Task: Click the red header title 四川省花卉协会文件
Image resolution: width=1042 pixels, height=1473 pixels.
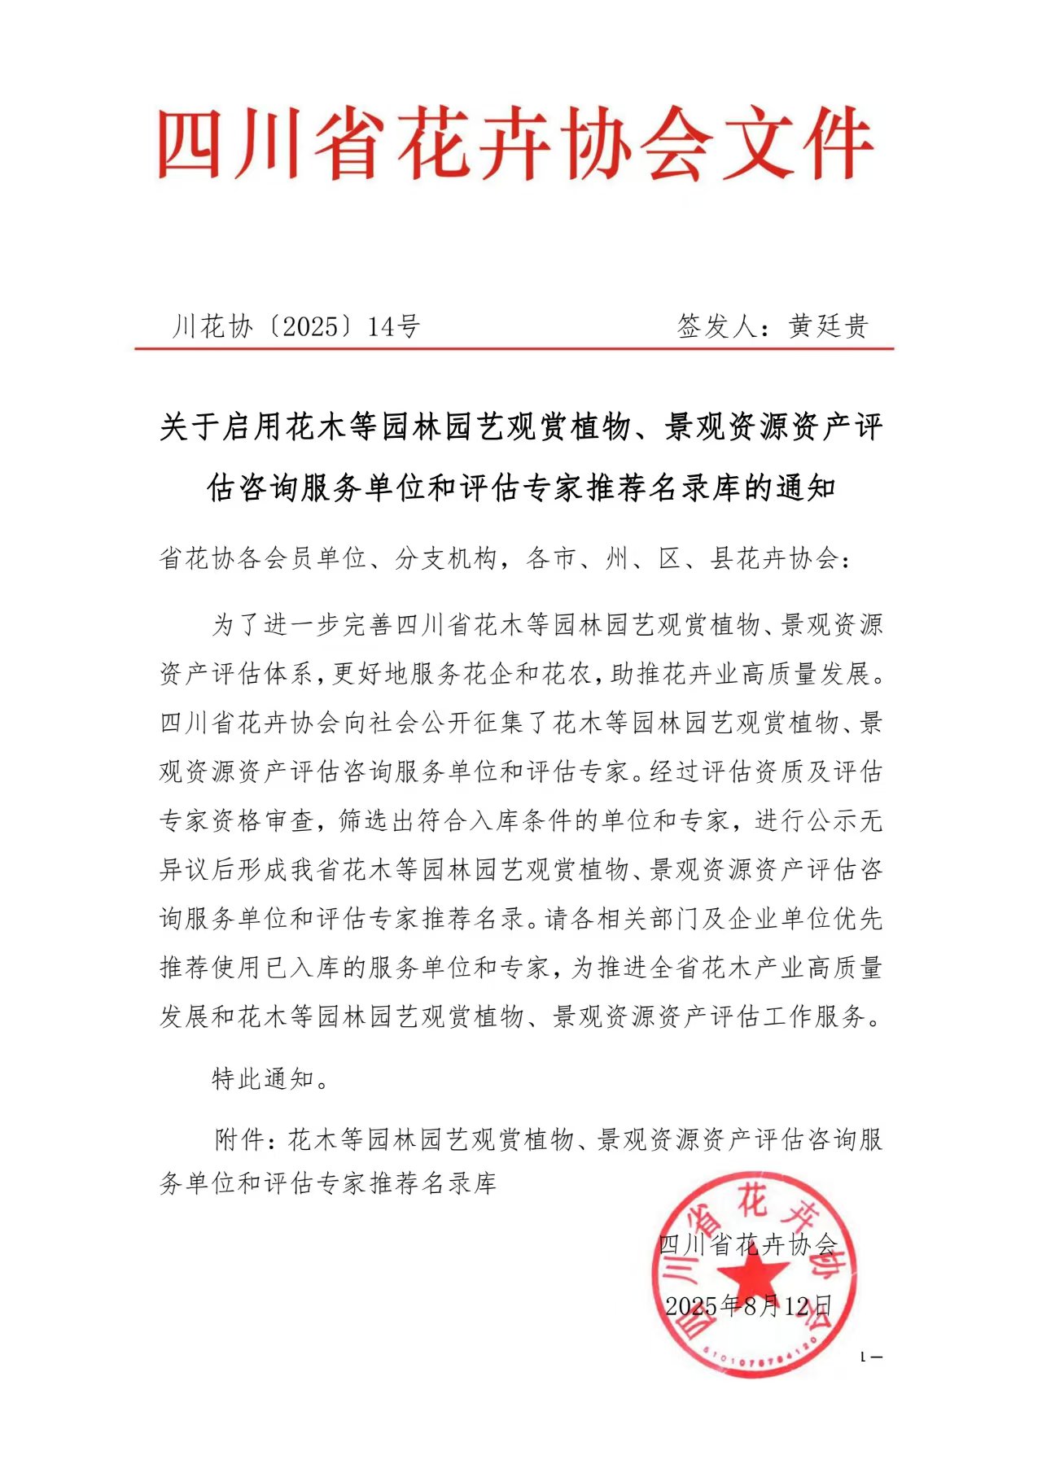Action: (x=514, y=145)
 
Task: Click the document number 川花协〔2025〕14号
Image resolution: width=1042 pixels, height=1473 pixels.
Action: (x=296, y=327)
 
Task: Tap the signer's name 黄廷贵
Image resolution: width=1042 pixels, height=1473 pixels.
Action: (x=828, y=327)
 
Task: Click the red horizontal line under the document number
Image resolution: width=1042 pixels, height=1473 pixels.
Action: (x=514, y=349)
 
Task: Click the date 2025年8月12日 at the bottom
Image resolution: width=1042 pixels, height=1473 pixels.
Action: (x=748, y=1307)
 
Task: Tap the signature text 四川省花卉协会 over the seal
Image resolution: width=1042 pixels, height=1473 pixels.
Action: (x=746, y=1244)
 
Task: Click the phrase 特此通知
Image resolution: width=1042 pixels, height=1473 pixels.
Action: (x=263, y=1079)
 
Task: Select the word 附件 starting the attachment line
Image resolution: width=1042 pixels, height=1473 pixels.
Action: (x=239, y=1140)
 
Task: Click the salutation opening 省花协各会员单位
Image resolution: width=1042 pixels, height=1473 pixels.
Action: (x=263, y=559)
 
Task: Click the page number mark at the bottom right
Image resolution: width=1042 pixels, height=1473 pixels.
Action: (x=871, y=1357)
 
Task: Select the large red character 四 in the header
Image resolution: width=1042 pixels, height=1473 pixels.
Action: (x=190, y=145)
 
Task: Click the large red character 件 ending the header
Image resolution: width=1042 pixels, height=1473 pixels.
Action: (x=836, y=145)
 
